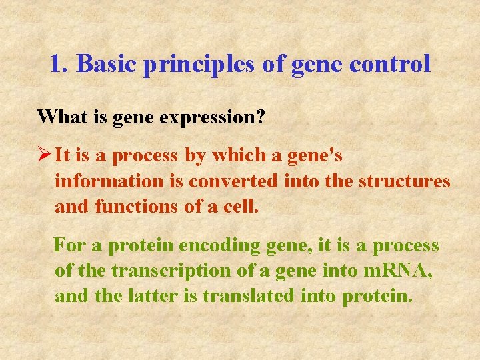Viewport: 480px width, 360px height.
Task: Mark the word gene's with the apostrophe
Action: (x=315, y=155)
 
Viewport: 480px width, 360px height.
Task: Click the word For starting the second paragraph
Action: (x=69, y=245)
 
